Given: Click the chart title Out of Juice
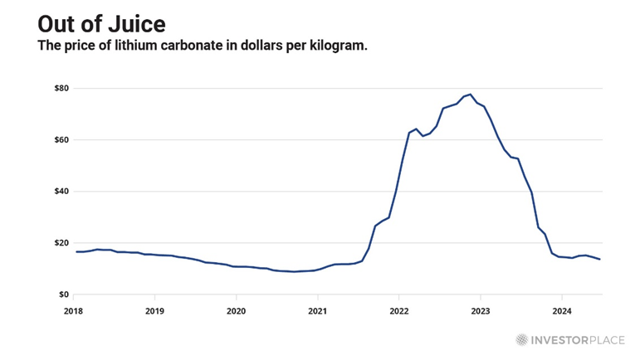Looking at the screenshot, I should (x=95, y=22).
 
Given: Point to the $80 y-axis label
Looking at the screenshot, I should (x=60, y=88).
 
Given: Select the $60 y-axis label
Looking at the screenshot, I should (x=60, y=139).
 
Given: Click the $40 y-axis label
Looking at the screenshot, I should (x=60, y=191).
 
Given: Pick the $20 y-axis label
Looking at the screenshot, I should (x=60, y=242).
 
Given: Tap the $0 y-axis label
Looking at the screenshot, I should (x=62, y=294).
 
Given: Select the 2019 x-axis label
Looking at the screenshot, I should (x=155, y=311).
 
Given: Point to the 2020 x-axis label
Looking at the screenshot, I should (x=237, y=311).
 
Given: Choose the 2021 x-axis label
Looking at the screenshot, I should (x=318, y=311).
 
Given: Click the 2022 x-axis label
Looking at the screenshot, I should (x=399, y=311).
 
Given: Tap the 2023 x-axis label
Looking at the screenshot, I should (x=481, y=311).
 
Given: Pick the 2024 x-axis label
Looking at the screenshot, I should (x=561, y=311).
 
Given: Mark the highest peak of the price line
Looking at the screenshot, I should (x=470, y=95).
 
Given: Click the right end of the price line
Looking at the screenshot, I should (x=600, y=260).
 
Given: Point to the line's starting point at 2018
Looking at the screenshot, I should (x=76, y=251).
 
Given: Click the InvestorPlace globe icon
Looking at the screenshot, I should (x=521, y=338).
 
